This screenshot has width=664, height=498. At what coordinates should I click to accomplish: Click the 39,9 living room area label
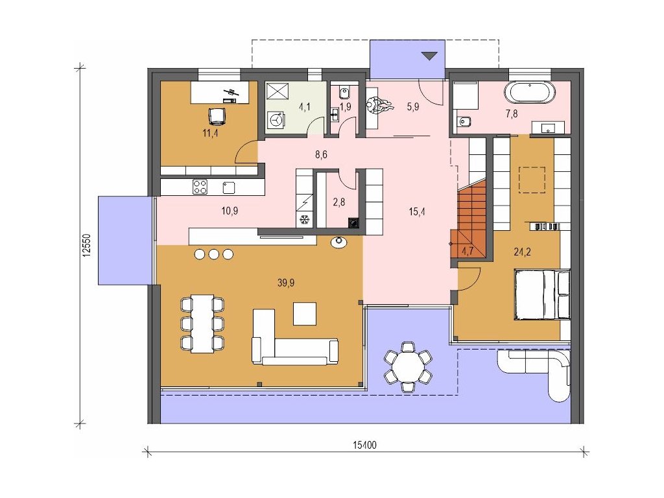286,283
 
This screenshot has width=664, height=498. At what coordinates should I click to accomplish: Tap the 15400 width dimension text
364,445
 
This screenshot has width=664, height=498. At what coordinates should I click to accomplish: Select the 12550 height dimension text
87,246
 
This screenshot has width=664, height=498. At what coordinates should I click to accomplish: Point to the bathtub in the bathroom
529,92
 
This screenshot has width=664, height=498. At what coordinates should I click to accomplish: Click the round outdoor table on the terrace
408,366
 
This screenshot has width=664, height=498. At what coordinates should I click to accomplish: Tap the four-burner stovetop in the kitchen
200,187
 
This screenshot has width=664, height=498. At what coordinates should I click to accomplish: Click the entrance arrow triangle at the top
429,56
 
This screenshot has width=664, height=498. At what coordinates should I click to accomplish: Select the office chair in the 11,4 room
217,116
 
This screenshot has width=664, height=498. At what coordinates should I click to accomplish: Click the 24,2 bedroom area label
522,252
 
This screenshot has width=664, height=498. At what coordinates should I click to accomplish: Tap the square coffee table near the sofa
305,313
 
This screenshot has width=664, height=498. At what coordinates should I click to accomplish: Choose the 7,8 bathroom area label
512,113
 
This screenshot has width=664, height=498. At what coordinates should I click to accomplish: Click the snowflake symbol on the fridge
303,220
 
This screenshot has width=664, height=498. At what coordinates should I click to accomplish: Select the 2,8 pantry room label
338,202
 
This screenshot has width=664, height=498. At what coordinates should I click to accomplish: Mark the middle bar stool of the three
214,254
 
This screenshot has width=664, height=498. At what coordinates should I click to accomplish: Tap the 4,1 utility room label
305,106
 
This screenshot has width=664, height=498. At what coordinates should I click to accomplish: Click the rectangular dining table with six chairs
202,324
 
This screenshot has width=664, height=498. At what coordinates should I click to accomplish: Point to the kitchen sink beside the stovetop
229,187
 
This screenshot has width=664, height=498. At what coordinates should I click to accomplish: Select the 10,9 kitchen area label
229,210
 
